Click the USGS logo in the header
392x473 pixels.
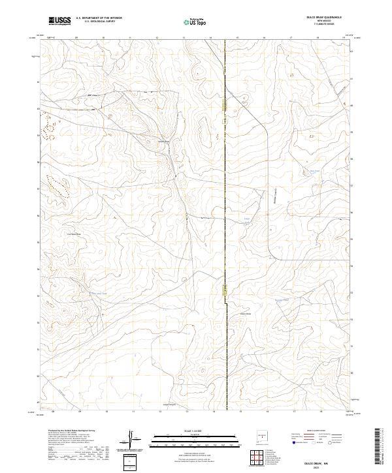pyautogui.click(x=60, y=21)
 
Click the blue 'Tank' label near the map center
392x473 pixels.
pyautogui.click(x=246, y=219)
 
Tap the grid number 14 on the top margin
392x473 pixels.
pyautogui.click(x=211, y=38)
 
